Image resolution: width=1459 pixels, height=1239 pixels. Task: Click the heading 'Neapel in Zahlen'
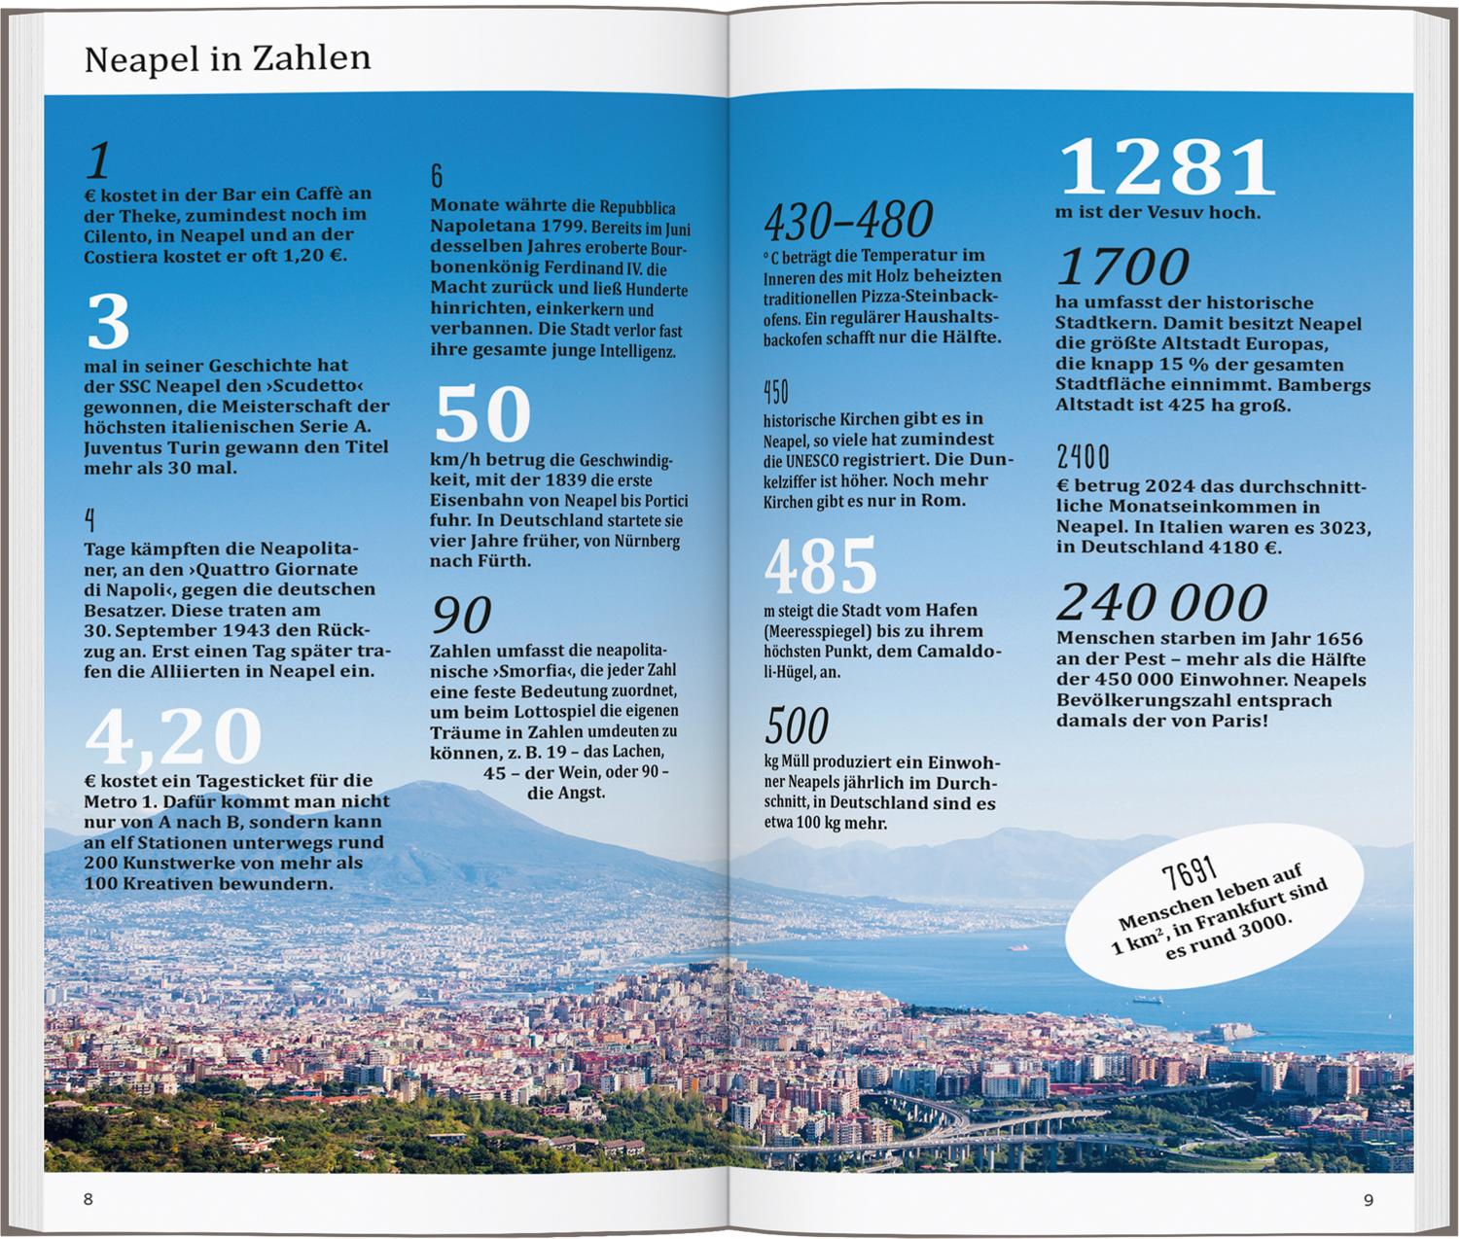[x=228, y=59]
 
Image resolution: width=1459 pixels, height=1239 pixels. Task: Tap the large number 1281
[x=1166, y=167]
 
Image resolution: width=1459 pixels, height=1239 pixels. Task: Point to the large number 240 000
[x=1162, y=603]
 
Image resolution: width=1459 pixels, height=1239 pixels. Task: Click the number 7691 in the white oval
[x=1190, y=872]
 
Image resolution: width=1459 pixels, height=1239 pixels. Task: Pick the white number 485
[x=820, y=567]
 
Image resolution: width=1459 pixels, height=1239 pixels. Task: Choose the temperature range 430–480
[x=848, y=221]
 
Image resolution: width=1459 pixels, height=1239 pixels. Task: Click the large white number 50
[x=482, y=415]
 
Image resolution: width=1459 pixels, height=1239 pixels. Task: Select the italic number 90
[x=461, y=616]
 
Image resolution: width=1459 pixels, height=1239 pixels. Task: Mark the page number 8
[x=89, y=1199]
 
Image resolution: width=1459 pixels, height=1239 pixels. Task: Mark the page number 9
[x=1369, y=1200]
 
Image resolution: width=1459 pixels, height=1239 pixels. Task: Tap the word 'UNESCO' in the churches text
[x=811, y=460]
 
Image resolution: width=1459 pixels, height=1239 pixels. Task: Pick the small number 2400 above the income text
[x=1083, y=457]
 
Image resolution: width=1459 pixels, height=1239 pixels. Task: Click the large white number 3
[x=108, y=322]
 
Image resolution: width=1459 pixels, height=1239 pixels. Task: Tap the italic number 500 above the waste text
[x=797, y=726]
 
